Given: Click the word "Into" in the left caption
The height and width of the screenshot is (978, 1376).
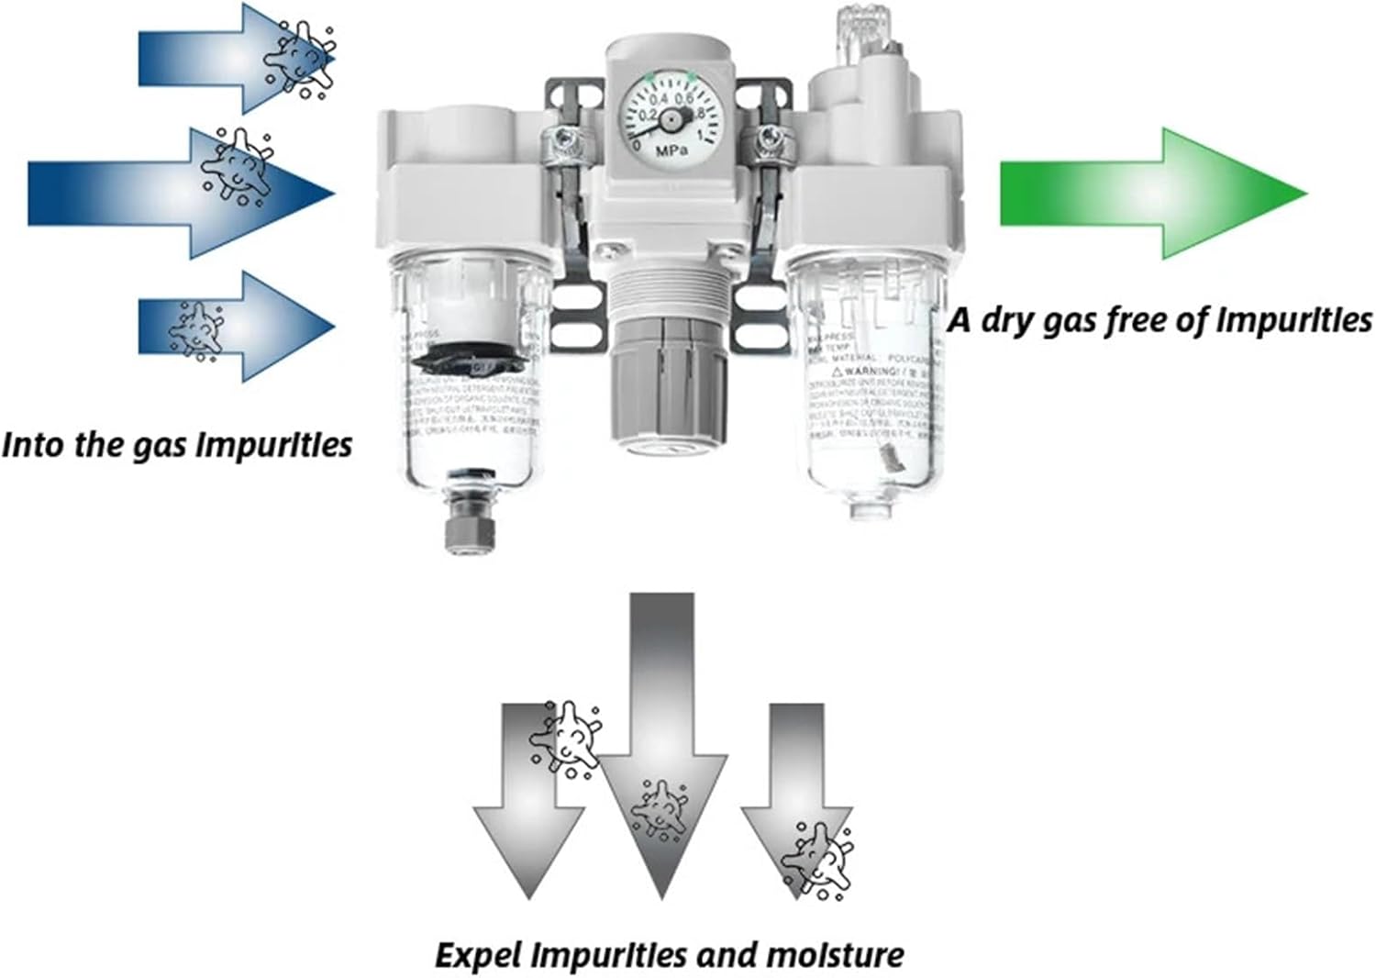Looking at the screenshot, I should (x=32, y=445).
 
